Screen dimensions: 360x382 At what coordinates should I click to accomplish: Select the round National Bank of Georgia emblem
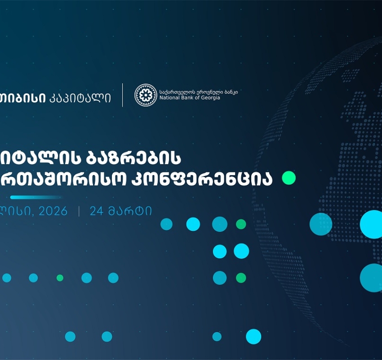pos(146,95)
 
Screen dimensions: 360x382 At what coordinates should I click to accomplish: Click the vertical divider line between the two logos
pos(123,95)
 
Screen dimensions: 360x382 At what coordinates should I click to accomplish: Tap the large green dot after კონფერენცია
pos(289,178)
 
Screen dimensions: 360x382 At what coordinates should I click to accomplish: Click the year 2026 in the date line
pos(53,211)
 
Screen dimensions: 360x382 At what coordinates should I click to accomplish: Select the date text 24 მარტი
pos(120,211)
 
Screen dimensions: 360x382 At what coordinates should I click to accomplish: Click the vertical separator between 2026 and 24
pos(79,211)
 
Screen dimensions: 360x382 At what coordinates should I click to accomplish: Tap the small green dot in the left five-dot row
pos(60,278)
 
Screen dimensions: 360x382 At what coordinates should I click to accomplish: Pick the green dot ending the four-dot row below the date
pos(241,224)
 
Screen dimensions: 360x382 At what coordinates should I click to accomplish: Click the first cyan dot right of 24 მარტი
pos(166,224)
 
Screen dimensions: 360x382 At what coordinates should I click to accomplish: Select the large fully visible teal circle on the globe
pos(321,224)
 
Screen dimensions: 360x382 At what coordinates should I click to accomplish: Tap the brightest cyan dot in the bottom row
pos(253,337)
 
